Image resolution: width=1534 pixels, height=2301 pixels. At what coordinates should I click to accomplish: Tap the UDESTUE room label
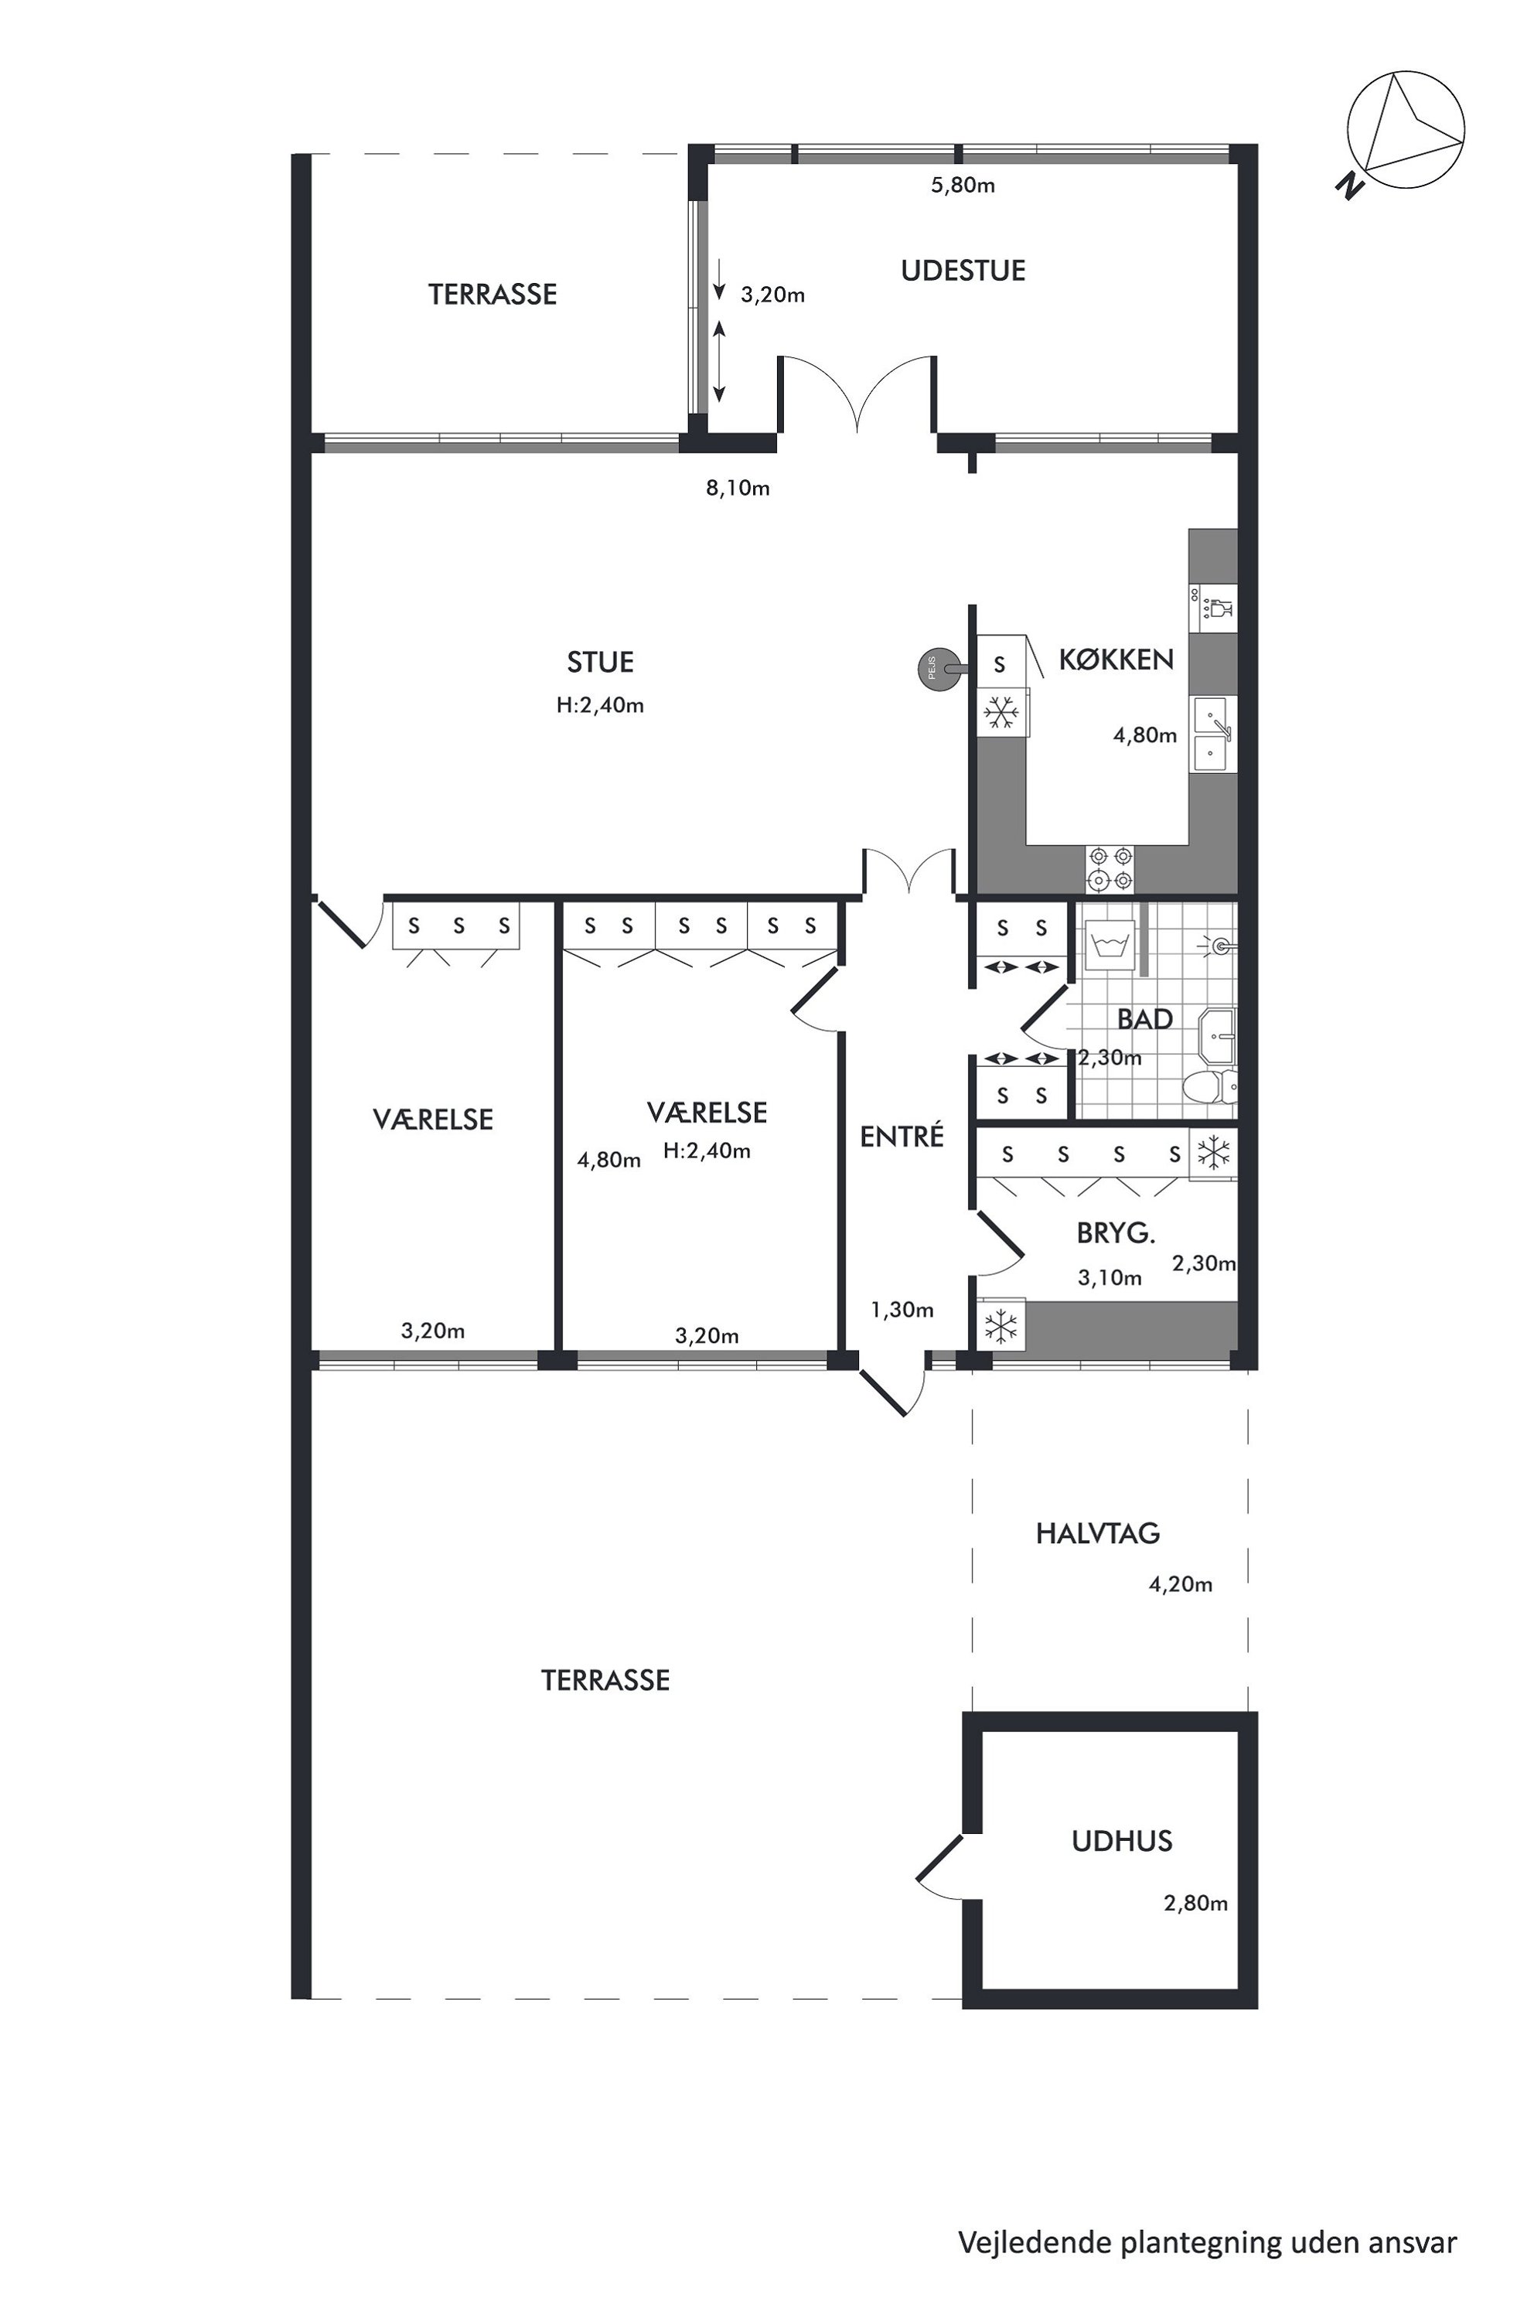coord(963,271)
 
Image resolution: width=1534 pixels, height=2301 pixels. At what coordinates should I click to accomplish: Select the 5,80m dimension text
coord(963,185)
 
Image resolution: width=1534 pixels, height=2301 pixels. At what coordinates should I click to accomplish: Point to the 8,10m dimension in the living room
coord(738,488)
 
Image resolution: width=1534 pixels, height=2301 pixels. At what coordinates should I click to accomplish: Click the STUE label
coord(600,663)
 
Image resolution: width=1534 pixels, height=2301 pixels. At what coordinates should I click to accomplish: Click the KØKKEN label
coord(1116,660)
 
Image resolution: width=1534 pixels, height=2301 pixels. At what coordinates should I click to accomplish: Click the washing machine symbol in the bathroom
coord(1110,945)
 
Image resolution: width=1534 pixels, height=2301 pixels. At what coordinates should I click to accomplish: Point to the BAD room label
coord(1144,1019)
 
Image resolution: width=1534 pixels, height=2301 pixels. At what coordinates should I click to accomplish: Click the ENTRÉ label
coord(902,1136)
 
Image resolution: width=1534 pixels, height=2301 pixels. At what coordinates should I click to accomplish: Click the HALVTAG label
coord(1098,1533)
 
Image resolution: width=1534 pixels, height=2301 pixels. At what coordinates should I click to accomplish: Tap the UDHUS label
coord(1122,1841)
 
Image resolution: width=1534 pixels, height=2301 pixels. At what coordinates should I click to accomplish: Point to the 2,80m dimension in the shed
coord(1195,1903)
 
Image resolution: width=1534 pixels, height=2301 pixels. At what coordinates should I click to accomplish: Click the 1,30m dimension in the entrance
coord(902,1310)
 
